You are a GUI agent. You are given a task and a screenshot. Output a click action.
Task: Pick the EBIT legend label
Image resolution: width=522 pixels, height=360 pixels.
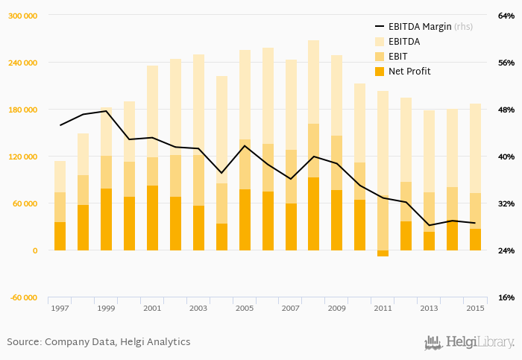pyautogui.click(x=399, y=56)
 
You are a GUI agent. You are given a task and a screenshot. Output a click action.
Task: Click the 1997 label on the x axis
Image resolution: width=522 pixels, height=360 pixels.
pyautogui.click(x=60, y=309)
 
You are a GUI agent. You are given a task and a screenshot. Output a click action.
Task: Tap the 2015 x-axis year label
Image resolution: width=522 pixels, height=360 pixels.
pyautogui.click(x=475, y=309)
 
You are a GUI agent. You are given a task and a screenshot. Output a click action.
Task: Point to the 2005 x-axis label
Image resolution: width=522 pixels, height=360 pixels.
pyautogui.click(x=245, y=309)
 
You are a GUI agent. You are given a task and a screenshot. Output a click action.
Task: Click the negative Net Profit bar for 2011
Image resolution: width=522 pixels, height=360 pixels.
pyautogui.click(x=383, y=253)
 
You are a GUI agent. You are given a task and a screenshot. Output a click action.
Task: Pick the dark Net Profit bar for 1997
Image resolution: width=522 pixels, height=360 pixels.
pyautogui.click(x=60, y=236)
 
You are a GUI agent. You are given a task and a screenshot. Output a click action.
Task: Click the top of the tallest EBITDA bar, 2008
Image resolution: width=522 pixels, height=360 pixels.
pyautogui.click(x=313, y=41)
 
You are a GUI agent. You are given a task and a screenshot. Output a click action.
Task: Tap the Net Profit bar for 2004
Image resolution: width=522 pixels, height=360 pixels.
pyautogui.click(x=221, y=237)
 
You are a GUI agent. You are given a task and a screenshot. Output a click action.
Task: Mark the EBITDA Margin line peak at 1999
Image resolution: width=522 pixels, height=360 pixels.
pyautogui.click(x=106, y=111)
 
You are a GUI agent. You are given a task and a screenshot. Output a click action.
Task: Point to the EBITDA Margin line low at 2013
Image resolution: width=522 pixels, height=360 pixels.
pyautogui.click(x=429, y=225)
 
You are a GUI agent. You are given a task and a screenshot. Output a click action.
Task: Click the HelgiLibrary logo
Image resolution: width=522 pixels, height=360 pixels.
pyautogui.click(x=469, y=343)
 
